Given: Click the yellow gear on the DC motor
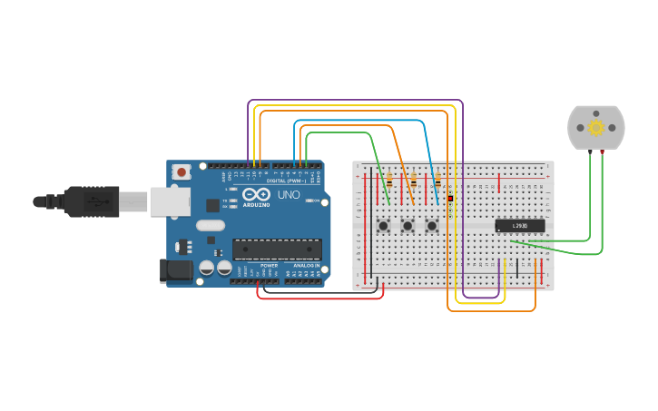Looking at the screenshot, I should tap(596, 128).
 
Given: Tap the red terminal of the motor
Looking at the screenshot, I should tap(603, 151).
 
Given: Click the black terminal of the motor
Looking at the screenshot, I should tap(590, 151).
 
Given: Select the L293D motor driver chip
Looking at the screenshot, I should tap(520, 226).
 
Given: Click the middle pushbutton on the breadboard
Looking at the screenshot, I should tap(408, 225).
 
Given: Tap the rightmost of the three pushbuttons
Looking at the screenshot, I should tap(432, 225).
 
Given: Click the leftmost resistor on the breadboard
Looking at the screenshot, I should tap(389, 181).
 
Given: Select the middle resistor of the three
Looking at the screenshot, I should tap(414, 181).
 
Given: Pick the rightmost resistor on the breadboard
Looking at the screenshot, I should tap(437, 181).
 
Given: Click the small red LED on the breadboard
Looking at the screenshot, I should tap(450, 198).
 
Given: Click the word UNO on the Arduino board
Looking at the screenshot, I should tap(289, 195).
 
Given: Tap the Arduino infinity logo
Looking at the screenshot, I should tap(256, 194).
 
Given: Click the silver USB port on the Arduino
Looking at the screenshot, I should tap(169, 201).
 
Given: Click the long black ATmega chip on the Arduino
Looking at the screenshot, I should tap(277, 250).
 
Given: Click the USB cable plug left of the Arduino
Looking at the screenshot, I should tap(91, 201).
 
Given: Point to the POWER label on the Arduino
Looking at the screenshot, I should tap(269, 265).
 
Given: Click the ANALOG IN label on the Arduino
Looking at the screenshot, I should tap(306, 265).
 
